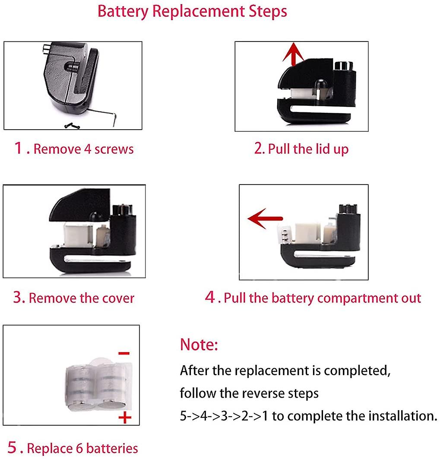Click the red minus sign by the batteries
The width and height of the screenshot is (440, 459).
coord(124,354)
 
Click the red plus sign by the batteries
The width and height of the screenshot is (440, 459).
coord(125,418)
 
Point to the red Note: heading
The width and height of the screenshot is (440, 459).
coord(199,345)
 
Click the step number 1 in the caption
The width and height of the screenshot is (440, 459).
coord(18,148)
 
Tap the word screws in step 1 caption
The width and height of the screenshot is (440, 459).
coord(114,149)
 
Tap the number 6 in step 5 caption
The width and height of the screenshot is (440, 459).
coord(73,448)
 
